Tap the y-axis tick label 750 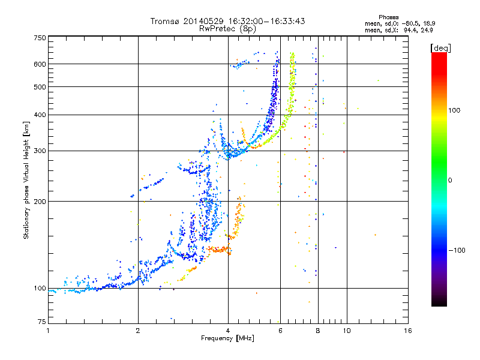tap(40, 38)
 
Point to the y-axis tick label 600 tap(40, 64)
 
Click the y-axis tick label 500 tap(40, 87)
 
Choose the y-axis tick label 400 tap(40, 115)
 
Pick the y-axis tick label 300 tap(40, 151)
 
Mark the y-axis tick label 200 tap(40, 202)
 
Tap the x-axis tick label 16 tap(407, 331)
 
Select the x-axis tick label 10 tap(346, 331)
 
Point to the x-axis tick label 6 tap(280, 331)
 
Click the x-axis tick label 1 tap(49, 331)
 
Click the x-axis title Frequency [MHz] tap(227, 339)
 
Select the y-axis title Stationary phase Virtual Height tap(26, 179)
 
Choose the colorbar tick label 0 tap(451, 180)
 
